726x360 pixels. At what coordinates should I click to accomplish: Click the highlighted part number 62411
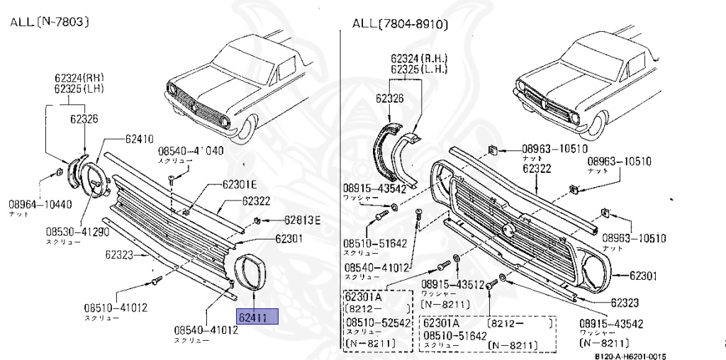coord(259,317)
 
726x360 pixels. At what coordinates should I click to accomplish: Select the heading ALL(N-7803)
coord(49,22)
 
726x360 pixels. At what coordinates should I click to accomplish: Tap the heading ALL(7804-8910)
coord(401,25)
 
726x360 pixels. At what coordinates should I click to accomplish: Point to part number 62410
coord(139,139)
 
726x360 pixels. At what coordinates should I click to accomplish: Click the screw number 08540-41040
coord(190,151)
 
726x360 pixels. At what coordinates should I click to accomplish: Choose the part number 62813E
coord(302,220)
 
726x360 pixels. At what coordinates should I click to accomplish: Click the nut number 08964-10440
coord(40,204)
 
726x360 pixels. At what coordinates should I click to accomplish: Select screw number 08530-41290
coord(78,231)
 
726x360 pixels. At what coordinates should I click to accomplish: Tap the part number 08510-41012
coord(116,308)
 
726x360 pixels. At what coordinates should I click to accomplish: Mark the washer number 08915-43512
coord(452,284)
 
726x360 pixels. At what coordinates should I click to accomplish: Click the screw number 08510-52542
coord(377,322)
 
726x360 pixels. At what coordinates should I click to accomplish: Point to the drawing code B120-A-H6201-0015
coord(630,356)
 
